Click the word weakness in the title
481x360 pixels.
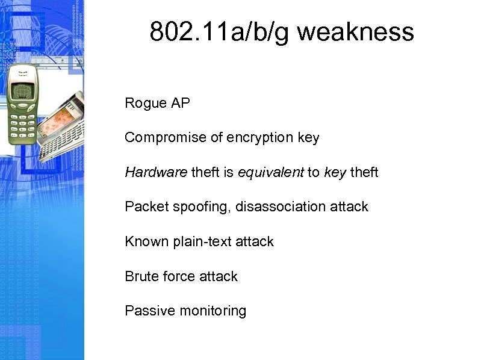pyautogui.click(x=355, y=32)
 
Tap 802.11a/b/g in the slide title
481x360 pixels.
pyautogui.click(x=220, y=32)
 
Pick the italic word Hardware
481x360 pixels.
pyautogui.click(x=156, y=173)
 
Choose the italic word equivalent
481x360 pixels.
pyautogui.click(x=271, y=173)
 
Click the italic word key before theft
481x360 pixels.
pyautogui.click(x=335, y=173)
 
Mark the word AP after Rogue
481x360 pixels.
pyautogui.click(x=180, y=104)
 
